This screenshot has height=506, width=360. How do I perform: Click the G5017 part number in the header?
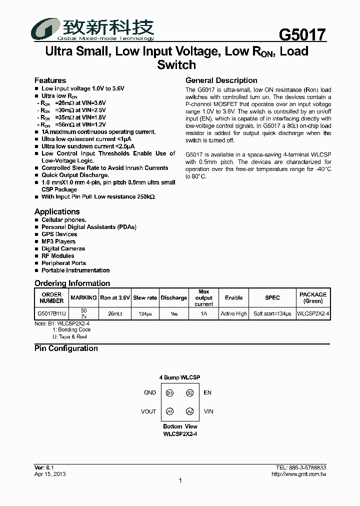pos(302,35)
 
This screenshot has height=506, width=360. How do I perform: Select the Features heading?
pos(50,80)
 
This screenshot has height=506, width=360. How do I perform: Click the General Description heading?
pos(221,80)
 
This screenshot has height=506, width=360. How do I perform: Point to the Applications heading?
pos(57,211)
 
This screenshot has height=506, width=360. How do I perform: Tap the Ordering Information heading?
pos(72,283)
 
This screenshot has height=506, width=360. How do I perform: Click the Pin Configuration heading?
pos(66,348)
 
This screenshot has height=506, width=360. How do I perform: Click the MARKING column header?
pos(83,297)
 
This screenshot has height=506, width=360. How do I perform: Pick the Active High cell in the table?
pos(233,314)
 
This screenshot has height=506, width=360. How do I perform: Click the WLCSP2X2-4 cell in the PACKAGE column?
pos(312,314)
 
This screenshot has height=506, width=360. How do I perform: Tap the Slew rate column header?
pos(145,297)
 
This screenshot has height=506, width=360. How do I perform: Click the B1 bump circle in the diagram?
pos(170,393)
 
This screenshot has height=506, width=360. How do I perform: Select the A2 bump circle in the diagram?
pos(189,411)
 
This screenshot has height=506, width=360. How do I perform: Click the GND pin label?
pos(150,393)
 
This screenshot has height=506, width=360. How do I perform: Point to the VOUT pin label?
pos(148,411)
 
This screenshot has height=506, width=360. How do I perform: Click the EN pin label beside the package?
pos(207,393)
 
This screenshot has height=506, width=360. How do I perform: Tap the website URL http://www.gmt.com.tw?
pos(298,474)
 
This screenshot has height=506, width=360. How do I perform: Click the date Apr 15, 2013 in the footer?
pos(49,474)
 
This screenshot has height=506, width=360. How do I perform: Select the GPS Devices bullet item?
pos(59,234)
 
